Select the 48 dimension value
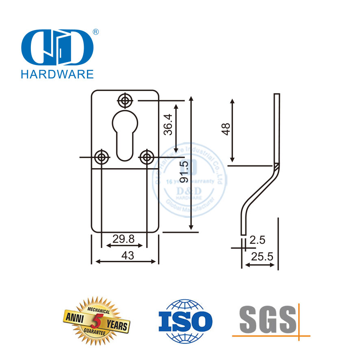[x=226, y=129]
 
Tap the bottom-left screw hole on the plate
[x=101, y=157]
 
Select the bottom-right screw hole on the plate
[x=147, y=157]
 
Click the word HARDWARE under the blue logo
[x=56, y=74]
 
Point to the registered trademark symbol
[x=96, y=32]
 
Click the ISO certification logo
[x=185, y=320]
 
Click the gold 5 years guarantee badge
[x=97, y=320]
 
